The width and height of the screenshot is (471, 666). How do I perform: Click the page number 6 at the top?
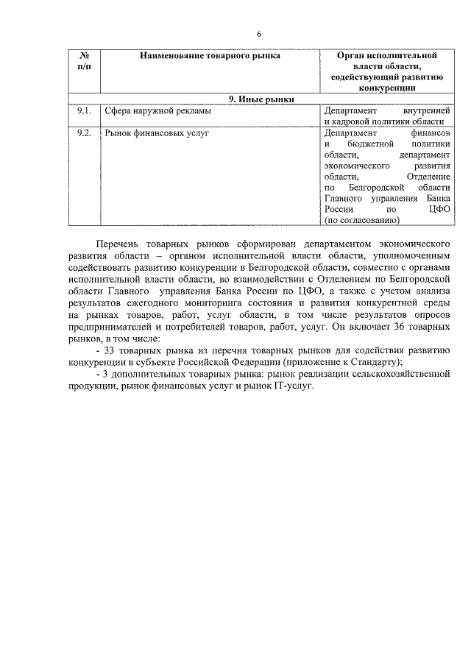pos(259,34)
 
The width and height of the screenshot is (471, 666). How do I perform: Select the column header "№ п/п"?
pos(84,61)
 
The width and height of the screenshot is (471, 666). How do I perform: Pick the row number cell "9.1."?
pos(84,111)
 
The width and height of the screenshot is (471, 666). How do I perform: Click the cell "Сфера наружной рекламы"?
pos(157,111)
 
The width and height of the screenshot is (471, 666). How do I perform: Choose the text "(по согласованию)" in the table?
pos(361,220)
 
